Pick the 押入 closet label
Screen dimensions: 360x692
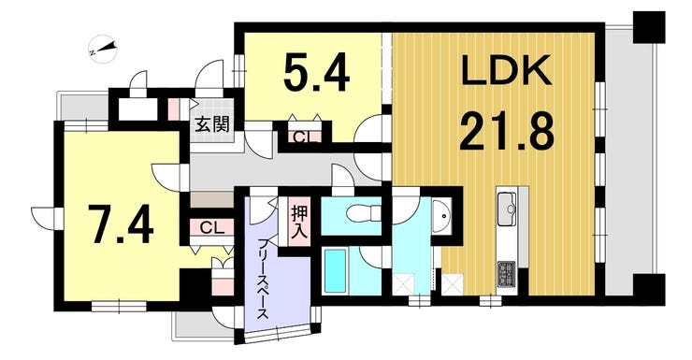click(x=299, y=221)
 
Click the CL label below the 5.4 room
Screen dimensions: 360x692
click(x=304, y=137)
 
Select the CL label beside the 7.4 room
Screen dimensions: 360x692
click(x=210, y=226)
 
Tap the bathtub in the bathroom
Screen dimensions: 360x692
click(x=337, y=270)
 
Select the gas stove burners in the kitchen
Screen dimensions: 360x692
click(x=508, y=273)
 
